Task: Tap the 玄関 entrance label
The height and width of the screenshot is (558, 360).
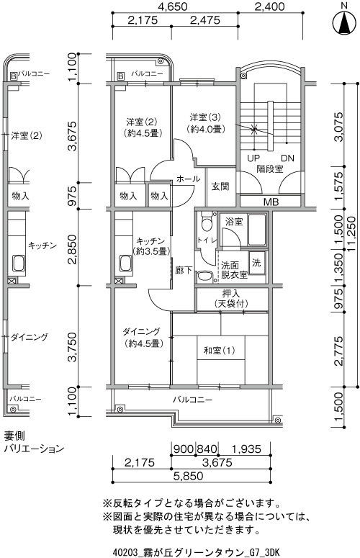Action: pyautogui.click(x=220, y=186)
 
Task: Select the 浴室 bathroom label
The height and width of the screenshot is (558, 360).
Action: pyautogui.click(x=234, y=222)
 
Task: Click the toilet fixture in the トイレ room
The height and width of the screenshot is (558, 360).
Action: pyautogui.click(x=206, y=223)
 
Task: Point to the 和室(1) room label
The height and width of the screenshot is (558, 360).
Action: pyautogui.click(x=219, y=351)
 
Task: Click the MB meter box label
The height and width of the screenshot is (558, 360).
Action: pyautogui.click(x=271, y=202)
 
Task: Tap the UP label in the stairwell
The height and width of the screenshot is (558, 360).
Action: pyautogui.click(x=253, y=158)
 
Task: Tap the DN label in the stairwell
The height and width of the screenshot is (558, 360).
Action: pyautogui.click(x=287, y=158)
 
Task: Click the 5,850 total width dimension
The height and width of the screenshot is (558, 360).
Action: pyautogui.click(x=189, y=476)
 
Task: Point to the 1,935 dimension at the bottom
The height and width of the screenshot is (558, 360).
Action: pyautogui.click(x=246, y=449)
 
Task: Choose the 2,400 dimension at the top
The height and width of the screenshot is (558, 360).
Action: pyautogui.click(x=270, y=6)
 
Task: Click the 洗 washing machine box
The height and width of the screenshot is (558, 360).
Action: pyautogui.click(x=257, y=263)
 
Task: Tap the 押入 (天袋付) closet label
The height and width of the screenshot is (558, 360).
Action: pyautogui.click(x=231, y=299)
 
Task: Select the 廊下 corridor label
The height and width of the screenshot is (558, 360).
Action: pyautogui.click(x=184, y=271)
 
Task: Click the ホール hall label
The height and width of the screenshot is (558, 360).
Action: pyautogui.click(x=188, y=179)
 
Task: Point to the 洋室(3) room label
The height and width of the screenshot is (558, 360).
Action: pyautogui.click(x=206, y=123)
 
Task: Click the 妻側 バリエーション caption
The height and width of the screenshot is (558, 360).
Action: pyautogui.click(x=34, y=442)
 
